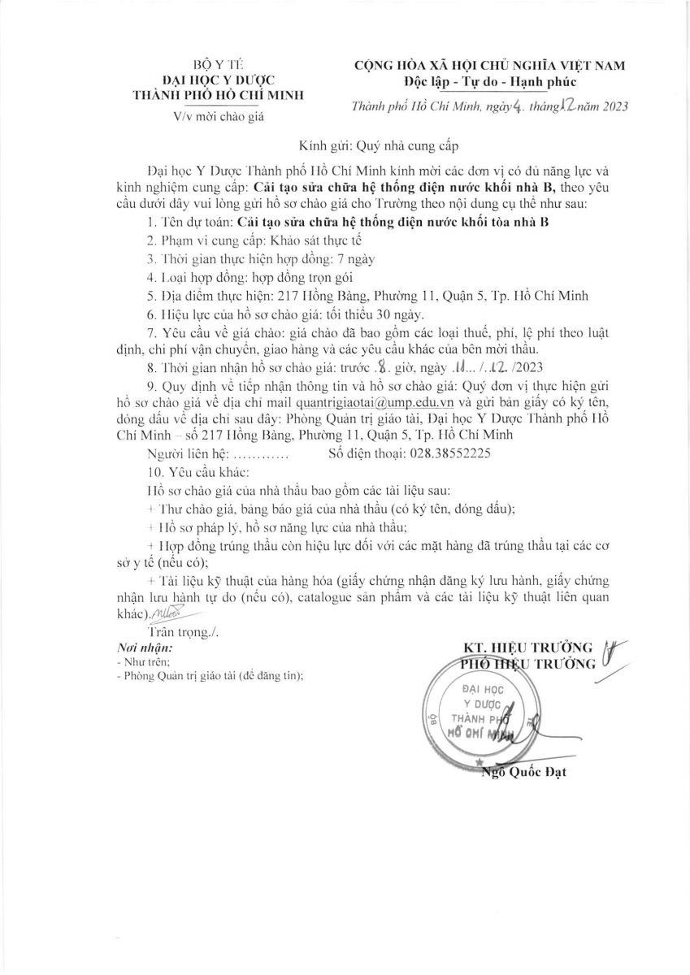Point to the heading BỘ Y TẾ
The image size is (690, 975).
217,64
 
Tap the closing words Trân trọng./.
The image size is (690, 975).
184,631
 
